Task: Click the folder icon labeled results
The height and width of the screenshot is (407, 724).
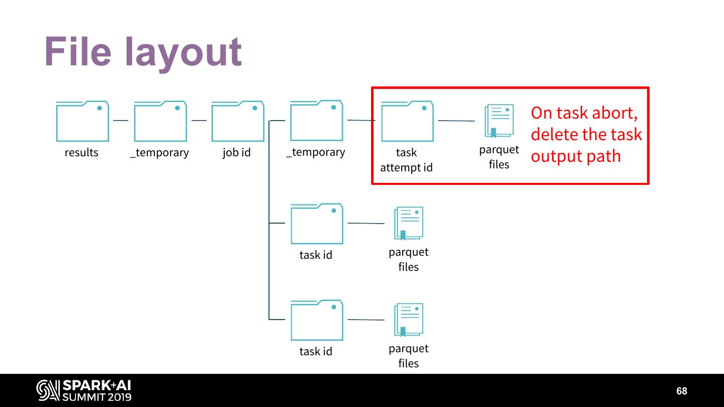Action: click(x=82, y=122)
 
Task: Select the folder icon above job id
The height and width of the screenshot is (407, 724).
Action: click(x=238, y=122)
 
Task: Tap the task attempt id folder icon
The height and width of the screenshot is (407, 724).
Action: click(x=407, y=122)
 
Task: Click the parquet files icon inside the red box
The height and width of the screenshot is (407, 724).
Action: click(x=499, y=121)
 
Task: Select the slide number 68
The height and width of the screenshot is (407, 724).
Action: click(x=681, y=391)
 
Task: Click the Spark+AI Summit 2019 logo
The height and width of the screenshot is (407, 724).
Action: click(x=84, y=390)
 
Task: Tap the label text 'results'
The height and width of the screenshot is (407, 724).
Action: click(x=81, y=152)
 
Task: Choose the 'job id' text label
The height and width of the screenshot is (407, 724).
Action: click(x=236, y=152)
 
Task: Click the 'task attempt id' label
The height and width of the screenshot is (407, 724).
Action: click(x=406, y=160)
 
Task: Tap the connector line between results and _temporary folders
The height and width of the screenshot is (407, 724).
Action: click(x=121, y=121)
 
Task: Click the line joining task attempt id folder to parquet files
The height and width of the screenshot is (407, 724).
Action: click(x=456, y=121)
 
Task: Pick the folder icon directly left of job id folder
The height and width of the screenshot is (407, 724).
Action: click(x=160, y=122)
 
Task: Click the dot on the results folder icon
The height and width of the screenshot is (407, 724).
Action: click(x=100, y=108)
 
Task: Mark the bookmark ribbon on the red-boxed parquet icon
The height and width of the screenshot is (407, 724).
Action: click(x=493, y=132)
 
